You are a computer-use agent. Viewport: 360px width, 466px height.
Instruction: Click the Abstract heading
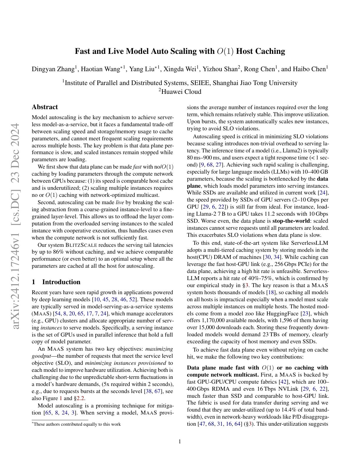click(x=45, y=107)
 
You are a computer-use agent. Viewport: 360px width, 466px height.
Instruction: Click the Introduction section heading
click(x=61, y=282)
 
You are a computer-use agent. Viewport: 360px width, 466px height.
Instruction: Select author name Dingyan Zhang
click(x=53, y=69)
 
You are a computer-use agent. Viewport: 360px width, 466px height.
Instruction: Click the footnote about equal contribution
click(x=77, y=424)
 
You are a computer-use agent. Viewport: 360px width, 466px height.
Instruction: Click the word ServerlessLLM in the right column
click(x=309, y=243)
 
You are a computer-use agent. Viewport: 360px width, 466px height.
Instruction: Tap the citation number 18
click(x=270, y=292)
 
